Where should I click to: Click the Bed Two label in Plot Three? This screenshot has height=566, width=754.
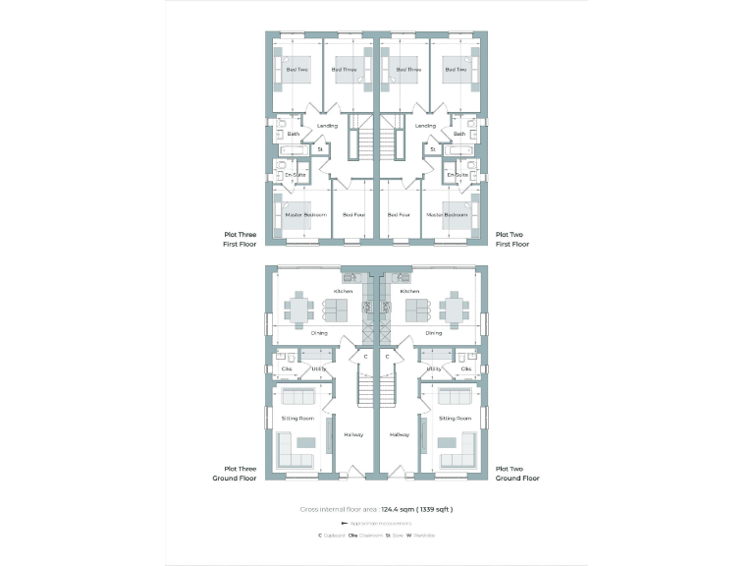[x=296, y=70]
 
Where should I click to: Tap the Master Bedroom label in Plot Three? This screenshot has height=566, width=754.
[x=305, y=214]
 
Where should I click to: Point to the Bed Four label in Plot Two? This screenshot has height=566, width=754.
[x=399, y=214]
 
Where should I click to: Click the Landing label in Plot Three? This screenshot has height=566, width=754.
[x=327, y=126]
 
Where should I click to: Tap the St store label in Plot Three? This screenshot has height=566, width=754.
[x=320, y=149]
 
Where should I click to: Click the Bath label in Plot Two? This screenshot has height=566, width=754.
[x=458, y=134]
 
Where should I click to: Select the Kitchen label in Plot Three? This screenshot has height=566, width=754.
[x=343, y=291]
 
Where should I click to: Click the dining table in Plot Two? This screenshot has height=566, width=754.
[x=453, y=310]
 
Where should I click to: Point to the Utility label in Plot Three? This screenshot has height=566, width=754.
[x=318, y=368]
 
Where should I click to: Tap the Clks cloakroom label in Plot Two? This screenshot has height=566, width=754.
[x=465, y=368]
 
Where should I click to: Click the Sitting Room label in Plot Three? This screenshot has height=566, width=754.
[x=296, y=418]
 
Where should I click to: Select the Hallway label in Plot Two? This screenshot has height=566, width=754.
[x=400, y=434]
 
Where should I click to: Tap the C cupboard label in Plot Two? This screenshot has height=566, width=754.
[x=388, y=356]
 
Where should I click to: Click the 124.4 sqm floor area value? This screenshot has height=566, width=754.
[x=397, y=510]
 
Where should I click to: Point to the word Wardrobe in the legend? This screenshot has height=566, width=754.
[x=425, y=535]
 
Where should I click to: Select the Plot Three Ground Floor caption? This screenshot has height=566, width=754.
[x=237, y=474]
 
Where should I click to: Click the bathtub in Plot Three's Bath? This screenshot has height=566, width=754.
[x=295, y=150]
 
